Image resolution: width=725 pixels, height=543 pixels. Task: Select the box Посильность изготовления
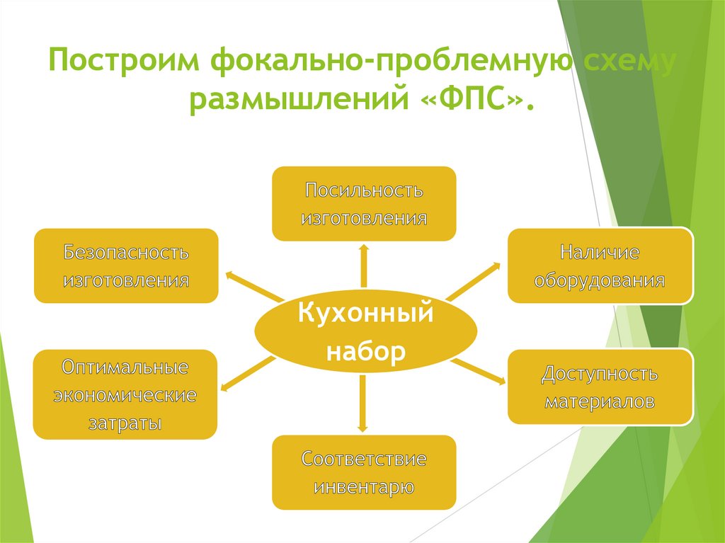coord(364,204)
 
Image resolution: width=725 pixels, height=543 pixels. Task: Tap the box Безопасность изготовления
coord(126,266)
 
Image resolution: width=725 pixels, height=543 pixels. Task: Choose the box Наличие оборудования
coord(600,266)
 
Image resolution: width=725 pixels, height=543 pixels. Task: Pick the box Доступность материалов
coord(600,387)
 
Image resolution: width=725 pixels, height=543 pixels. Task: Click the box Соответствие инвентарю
coord(364,473)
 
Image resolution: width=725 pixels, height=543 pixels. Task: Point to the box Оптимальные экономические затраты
coord(125,394)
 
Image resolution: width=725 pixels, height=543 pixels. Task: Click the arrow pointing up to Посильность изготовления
coord(364,266)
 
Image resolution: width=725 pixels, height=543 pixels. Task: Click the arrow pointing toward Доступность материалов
coord(479,371)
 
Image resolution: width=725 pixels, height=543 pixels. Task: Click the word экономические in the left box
coord(125,395)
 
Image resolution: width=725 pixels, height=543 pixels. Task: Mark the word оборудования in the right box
coord(600,280)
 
